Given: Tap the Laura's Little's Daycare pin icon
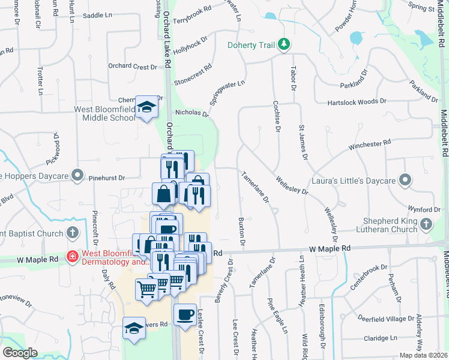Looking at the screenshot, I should click(406, 179).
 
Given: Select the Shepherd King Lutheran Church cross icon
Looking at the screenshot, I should click(426, 224).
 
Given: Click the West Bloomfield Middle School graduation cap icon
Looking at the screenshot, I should click(145, 107).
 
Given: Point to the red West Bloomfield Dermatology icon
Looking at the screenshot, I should click(73, 257).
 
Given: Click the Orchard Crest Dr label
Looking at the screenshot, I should click(132, 67).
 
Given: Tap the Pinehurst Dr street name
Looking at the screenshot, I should click(105, 178).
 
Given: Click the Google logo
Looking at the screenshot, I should click(20, 352).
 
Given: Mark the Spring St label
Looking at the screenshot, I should click(420, 8).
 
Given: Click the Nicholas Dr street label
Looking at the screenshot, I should click(191, 113).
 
